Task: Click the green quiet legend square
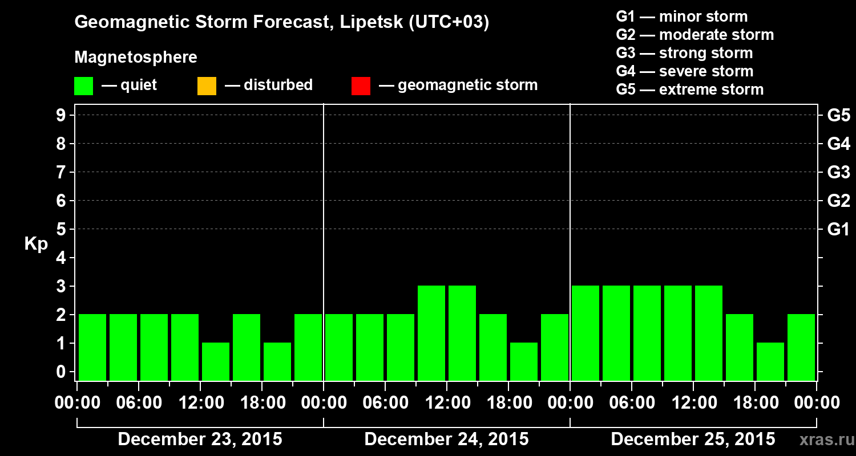tap(83, 85)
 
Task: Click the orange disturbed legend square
tap(207, 85)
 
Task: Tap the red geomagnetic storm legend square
tap(361, 85)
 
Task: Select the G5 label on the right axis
tap(838, 116)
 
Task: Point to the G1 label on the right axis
tap(838, 230)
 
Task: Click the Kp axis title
tap(36, 244)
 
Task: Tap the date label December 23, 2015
tap(200, 439)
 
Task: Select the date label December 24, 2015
tap(446, 439)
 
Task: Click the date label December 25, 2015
tap(693, 439)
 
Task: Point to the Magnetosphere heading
tap(136, 58)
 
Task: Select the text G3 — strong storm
tap(684, 53)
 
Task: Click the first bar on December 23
tap(92, 347)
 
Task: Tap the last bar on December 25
tap(801, 347)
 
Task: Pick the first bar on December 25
tap(586, 333)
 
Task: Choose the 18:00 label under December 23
tap(263, 403)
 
